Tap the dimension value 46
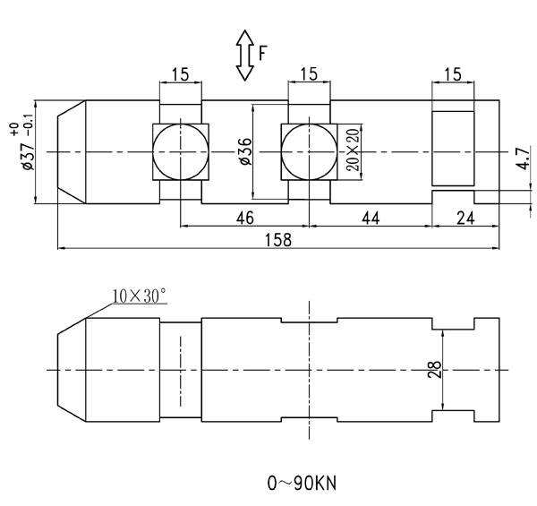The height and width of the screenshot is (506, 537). [244, 217]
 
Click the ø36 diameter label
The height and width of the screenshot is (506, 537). [243, 153]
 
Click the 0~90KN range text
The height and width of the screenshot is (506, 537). [303, 484]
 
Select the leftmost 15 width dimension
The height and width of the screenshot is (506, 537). [181, 74]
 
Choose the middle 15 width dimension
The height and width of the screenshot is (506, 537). [309, 74]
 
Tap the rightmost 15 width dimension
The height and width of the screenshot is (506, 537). [452, 74]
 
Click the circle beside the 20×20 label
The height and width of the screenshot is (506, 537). [309, 152]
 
